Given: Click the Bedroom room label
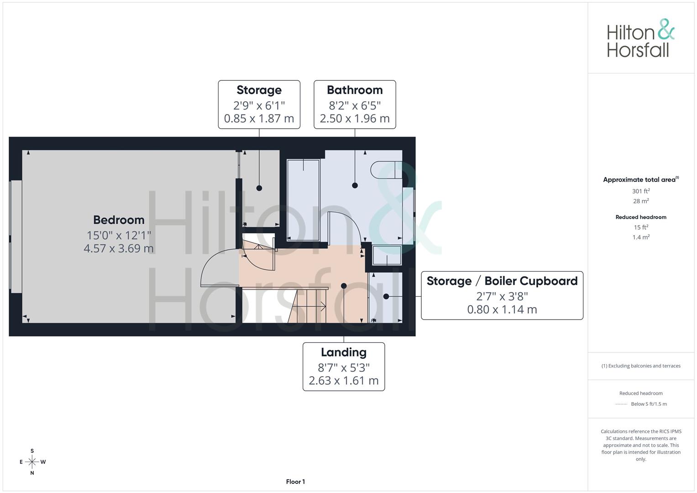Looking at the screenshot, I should [x=119, y=220].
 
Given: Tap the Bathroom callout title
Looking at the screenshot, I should [x=355, y=90].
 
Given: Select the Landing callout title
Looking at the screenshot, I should [x=343, y=352].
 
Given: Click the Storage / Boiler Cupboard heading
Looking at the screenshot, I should [x=502, y=281].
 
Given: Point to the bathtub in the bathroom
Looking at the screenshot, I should [x=303, y=199].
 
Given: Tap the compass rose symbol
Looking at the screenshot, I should [x=32, y=462].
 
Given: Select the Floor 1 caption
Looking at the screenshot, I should [x=295, y=482].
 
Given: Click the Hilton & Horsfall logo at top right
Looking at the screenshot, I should [x=640, y=38].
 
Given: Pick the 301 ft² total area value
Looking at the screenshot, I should [x=640, y=191].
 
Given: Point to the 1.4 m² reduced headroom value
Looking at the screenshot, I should [x=640, y=237].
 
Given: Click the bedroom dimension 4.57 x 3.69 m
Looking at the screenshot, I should [x=119, y=249].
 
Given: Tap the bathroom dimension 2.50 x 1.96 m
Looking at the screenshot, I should [x=355, y=119].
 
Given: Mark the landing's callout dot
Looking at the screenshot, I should [x=344, y=286].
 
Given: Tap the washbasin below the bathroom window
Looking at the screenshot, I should [x=387, y=255].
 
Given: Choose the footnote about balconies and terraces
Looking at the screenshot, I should [x=640, y=366].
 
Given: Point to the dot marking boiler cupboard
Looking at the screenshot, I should [x=386, y=297].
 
